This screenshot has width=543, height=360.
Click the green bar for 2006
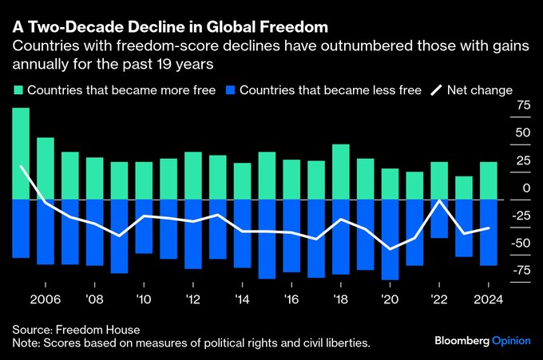[46, 168]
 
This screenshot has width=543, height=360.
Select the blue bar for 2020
[390, 239]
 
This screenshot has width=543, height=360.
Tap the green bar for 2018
[341, 172]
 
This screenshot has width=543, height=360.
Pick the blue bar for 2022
[439, 218]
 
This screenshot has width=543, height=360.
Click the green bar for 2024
[489, 180]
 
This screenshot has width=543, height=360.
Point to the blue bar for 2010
[144, 226]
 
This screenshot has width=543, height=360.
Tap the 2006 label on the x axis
[45, 299]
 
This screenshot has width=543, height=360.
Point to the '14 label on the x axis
[242, 299]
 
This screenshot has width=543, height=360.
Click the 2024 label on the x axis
[488, 299]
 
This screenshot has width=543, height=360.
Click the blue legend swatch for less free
[233, 90]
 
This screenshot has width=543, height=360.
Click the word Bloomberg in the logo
[462, 340]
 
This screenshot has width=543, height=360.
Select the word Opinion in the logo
[511, 340]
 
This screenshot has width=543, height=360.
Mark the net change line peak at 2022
[440, 200]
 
